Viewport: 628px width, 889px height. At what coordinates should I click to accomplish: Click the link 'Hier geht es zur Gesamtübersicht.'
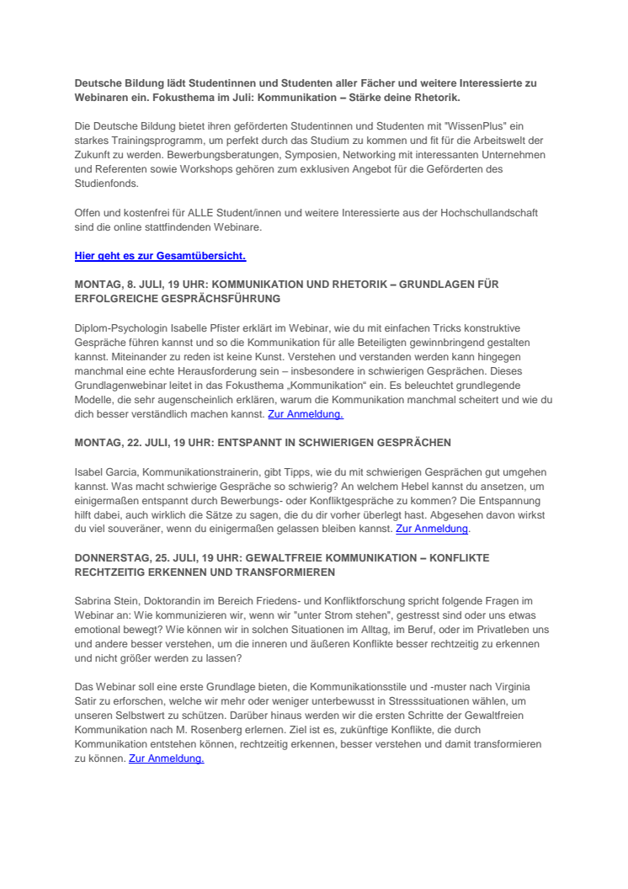[160, 256]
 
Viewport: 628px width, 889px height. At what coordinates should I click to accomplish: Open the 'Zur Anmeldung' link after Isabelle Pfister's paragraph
[305, 414]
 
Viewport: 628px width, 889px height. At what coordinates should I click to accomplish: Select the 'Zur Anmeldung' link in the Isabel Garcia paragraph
[432, 529]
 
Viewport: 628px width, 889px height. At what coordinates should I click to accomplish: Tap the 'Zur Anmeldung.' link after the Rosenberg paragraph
[166, 758]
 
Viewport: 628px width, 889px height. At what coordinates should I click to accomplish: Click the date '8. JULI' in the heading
[141, 285]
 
